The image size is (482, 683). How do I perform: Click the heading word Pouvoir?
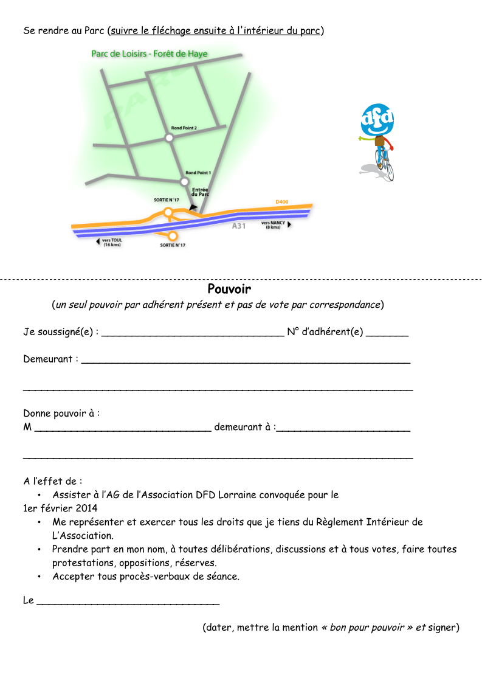click(229, 289)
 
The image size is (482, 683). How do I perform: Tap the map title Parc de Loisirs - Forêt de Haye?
click(150, 54)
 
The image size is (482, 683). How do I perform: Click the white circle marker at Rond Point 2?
click(169, 138)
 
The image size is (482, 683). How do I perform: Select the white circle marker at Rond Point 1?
click(184, 181)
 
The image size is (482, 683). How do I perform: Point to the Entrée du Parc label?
click(200, 192)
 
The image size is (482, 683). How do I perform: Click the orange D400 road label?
click(282, 201)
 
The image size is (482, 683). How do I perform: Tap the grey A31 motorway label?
click(239, 226)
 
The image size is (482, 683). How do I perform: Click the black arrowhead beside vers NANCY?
click(289, 224)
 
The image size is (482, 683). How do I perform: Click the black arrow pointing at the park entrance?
click(193, 208)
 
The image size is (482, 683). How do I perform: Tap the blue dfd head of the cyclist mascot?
click(377, 120)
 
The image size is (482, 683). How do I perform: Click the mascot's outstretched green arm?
click(366, 139)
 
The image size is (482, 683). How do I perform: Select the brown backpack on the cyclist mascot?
click(380, 142)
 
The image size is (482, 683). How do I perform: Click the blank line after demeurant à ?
click(343, 431)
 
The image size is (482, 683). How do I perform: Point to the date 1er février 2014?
click(61, 508)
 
